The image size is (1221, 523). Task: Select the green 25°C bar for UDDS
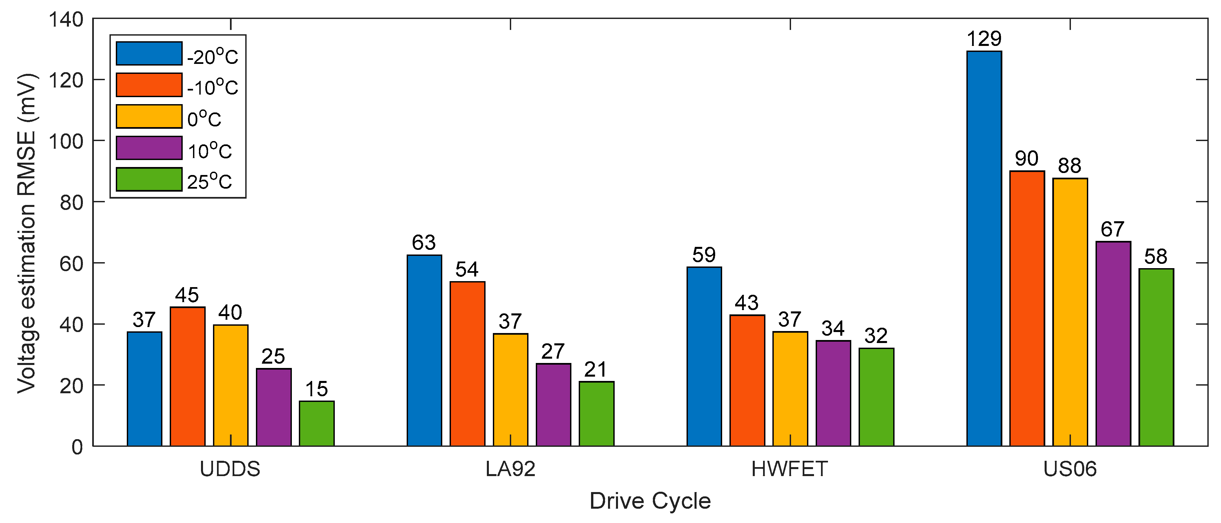[x=316, y=424]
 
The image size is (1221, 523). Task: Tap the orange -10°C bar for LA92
[x=467, y=364]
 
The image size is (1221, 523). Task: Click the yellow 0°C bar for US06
[x=1070, y=313]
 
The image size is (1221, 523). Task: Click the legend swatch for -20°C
[x=149, y=54]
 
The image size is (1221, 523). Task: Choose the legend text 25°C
[x=210, y=181]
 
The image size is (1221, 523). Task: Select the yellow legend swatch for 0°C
[x=149, y=116]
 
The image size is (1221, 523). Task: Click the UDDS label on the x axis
[x=230, y=469]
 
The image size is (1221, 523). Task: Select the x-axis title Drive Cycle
[x=650, y=501]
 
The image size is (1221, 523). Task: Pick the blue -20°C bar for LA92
[x=424, y=351]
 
